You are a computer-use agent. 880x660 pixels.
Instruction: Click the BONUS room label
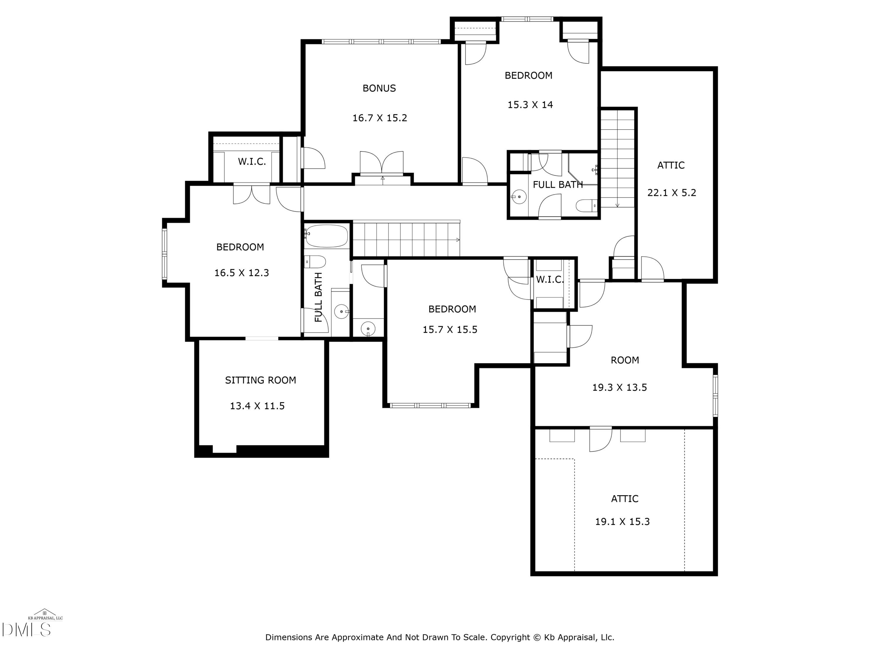[379, 88]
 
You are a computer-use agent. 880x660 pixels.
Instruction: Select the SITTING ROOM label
[260, 380]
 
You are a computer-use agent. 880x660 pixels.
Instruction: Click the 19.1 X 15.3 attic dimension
[622, 522]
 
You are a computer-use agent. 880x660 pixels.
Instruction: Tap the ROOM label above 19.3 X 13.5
[625, 361]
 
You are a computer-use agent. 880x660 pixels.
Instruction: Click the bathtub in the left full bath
[326, 236]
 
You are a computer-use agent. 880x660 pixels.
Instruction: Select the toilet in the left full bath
[315, 262]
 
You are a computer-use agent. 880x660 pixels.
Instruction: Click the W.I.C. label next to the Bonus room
[251, 162]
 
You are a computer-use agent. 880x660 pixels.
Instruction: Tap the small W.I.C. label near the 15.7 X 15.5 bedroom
[549, 280]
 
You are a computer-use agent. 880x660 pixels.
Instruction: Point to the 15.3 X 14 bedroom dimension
[530, 105]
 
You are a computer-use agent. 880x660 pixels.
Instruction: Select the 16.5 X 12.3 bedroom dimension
[241, 273]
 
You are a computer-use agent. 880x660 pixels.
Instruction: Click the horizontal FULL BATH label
[557, 185]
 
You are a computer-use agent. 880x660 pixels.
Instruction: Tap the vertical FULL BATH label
[318, 297]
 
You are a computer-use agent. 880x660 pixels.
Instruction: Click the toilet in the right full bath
[586, 206]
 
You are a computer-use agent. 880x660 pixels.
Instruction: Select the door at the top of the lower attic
[600, 439]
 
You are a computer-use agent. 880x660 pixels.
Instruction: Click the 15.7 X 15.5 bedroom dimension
[450, 330]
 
